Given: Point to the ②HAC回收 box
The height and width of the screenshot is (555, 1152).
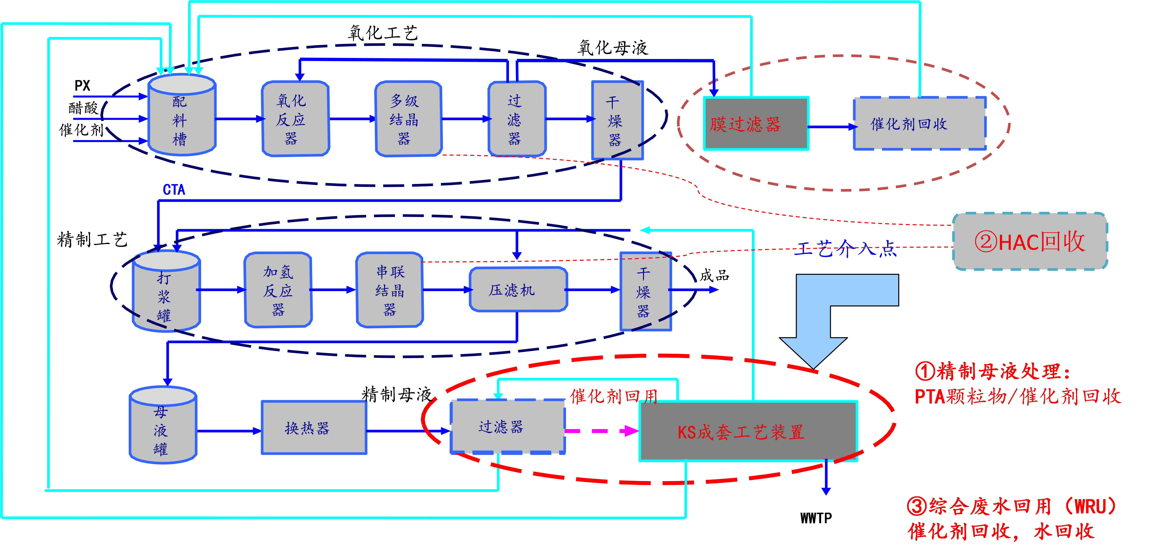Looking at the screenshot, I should click(1030, 241).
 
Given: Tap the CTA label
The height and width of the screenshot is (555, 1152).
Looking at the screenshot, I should click(174, 190).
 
